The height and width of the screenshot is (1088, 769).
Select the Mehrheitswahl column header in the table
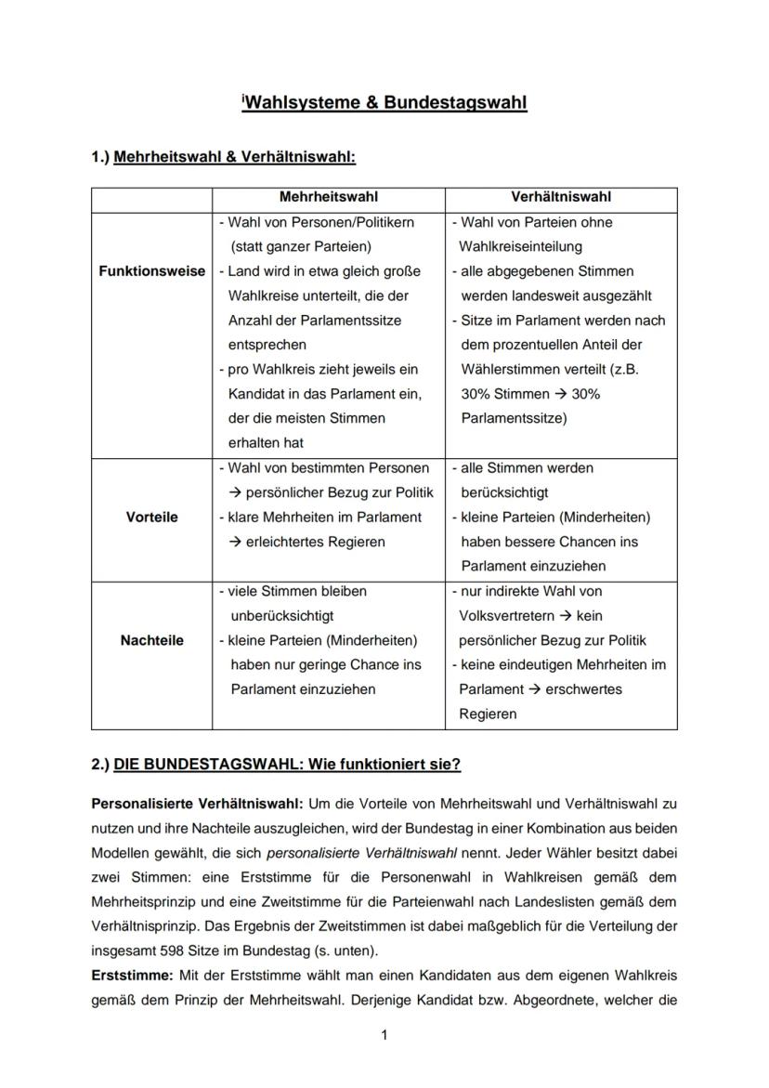tap(329, 197)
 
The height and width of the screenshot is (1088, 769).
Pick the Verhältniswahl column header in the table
tap(561, 197)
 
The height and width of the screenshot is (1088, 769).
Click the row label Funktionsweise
tap(151, 271)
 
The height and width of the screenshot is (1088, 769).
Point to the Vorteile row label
tap(151, 517)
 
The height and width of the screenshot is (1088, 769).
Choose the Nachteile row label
tap(151, 640)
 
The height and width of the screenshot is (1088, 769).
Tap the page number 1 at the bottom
tap(384, 1036)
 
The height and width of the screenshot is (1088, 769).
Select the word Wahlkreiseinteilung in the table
tap(520, 247)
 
